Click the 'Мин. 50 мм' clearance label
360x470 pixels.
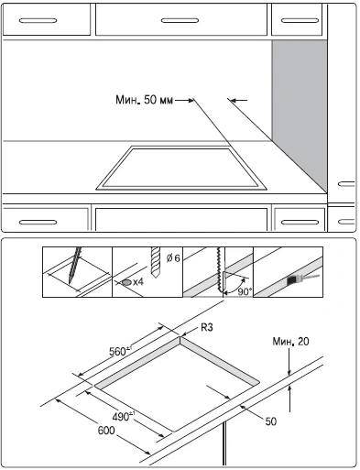tap(144, 100)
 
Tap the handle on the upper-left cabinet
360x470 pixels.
tap(38, 21)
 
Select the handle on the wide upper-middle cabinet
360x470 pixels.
tap(180, 21)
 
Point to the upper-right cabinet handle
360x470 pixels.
tap(300, 21)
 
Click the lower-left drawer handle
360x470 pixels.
tap(38, 222)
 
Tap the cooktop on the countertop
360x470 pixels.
tap(181, 168)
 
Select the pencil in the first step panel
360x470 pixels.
tap(75, 265)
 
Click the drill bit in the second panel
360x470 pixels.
tap(156, 262)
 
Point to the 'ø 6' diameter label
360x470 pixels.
tap(173, 258)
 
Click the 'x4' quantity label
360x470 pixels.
tap(138, 282)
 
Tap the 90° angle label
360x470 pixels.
tap(245, 291)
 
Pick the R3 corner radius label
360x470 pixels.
tap(207, 328)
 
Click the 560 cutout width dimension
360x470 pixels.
tap(121, 352)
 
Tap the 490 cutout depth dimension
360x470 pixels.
tap(124, 416)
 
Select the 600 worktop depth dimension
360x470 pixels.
tap(106, 431)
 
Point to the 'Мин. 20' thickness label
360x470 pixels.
tap(290, 342)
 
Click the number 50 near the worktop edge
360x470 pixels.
tap(271, 421)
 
